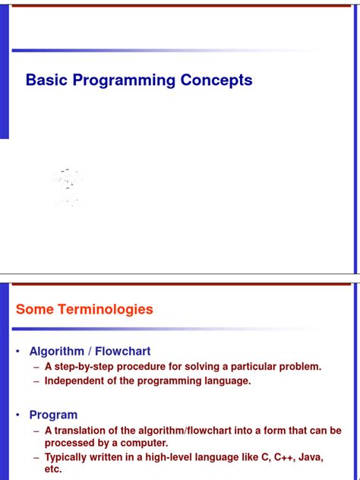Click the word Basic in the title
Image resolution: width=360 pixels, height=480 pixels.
(x=46, y=81)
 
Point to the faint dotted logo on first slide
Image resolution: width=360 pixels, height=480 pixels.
(x=67, y=186)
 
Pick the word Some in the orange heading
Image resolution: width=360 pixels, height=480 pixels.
(x=35, y=309)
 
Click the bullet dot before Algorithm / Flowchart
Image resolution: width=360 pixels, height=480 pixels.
(x=18, y=352)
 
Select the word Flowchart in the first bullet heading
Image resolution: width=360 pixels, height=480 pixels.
(x=123, y=352)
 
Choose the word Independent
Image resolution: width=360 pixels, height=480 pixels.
(x=76, y=381)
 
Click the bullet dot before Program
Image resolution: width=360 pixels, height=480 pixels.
(x=18, y=415)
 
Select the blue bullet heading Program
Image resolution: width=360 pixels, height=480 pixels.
(x=53, y=415)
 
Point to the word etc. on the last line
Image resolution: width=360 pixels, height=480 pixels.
(x=53, y=470)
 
